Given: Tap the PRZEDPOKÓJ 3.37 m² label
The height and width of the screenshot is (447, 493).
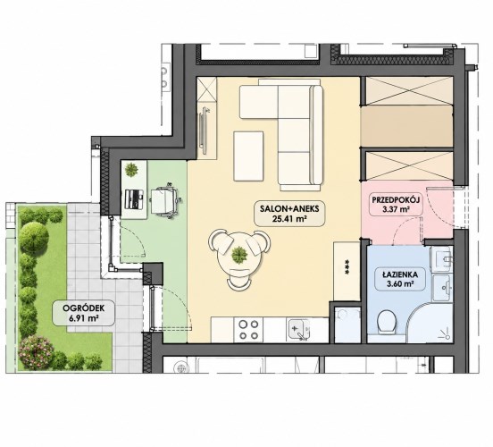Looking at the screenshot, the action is (396, 205).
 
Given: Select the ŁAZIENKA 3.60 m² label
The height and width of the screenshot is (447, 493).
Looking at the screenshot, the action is (400, 279).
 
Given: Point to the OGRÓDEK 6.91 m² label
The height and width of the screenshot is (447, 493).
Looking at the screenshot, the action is (83, 313).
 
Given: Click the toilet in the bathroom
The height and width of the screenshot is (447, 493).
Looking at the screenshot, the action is (388, 322).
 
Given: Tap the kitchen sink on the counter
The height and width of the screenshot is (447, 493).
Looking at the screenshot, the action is (298, 329).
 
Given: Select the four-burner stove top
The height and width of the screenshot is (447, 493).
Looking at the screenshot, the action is (248, 330).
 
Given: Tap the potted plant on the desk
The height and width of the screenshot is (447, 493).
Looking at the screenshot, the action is (131, 170).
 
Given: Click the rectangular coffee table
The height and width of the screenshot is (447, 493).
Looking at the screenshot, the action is (248, 156).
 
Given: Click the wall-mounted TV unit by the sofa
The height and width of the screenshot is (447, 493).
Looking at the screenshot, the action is (205, 131).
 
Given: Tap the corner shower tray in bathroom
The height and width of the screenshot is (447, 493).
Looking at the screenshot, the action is (430, 323).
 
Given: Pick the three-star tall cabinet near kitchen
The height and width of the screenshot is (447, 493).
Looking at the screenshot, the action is (347, 271).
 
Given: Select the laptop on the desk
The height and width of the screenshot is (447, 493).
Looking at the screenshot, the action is (135, 199).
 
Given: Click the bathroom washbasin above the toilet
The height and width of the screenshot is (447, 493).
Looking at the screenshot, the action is (443, 288).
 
